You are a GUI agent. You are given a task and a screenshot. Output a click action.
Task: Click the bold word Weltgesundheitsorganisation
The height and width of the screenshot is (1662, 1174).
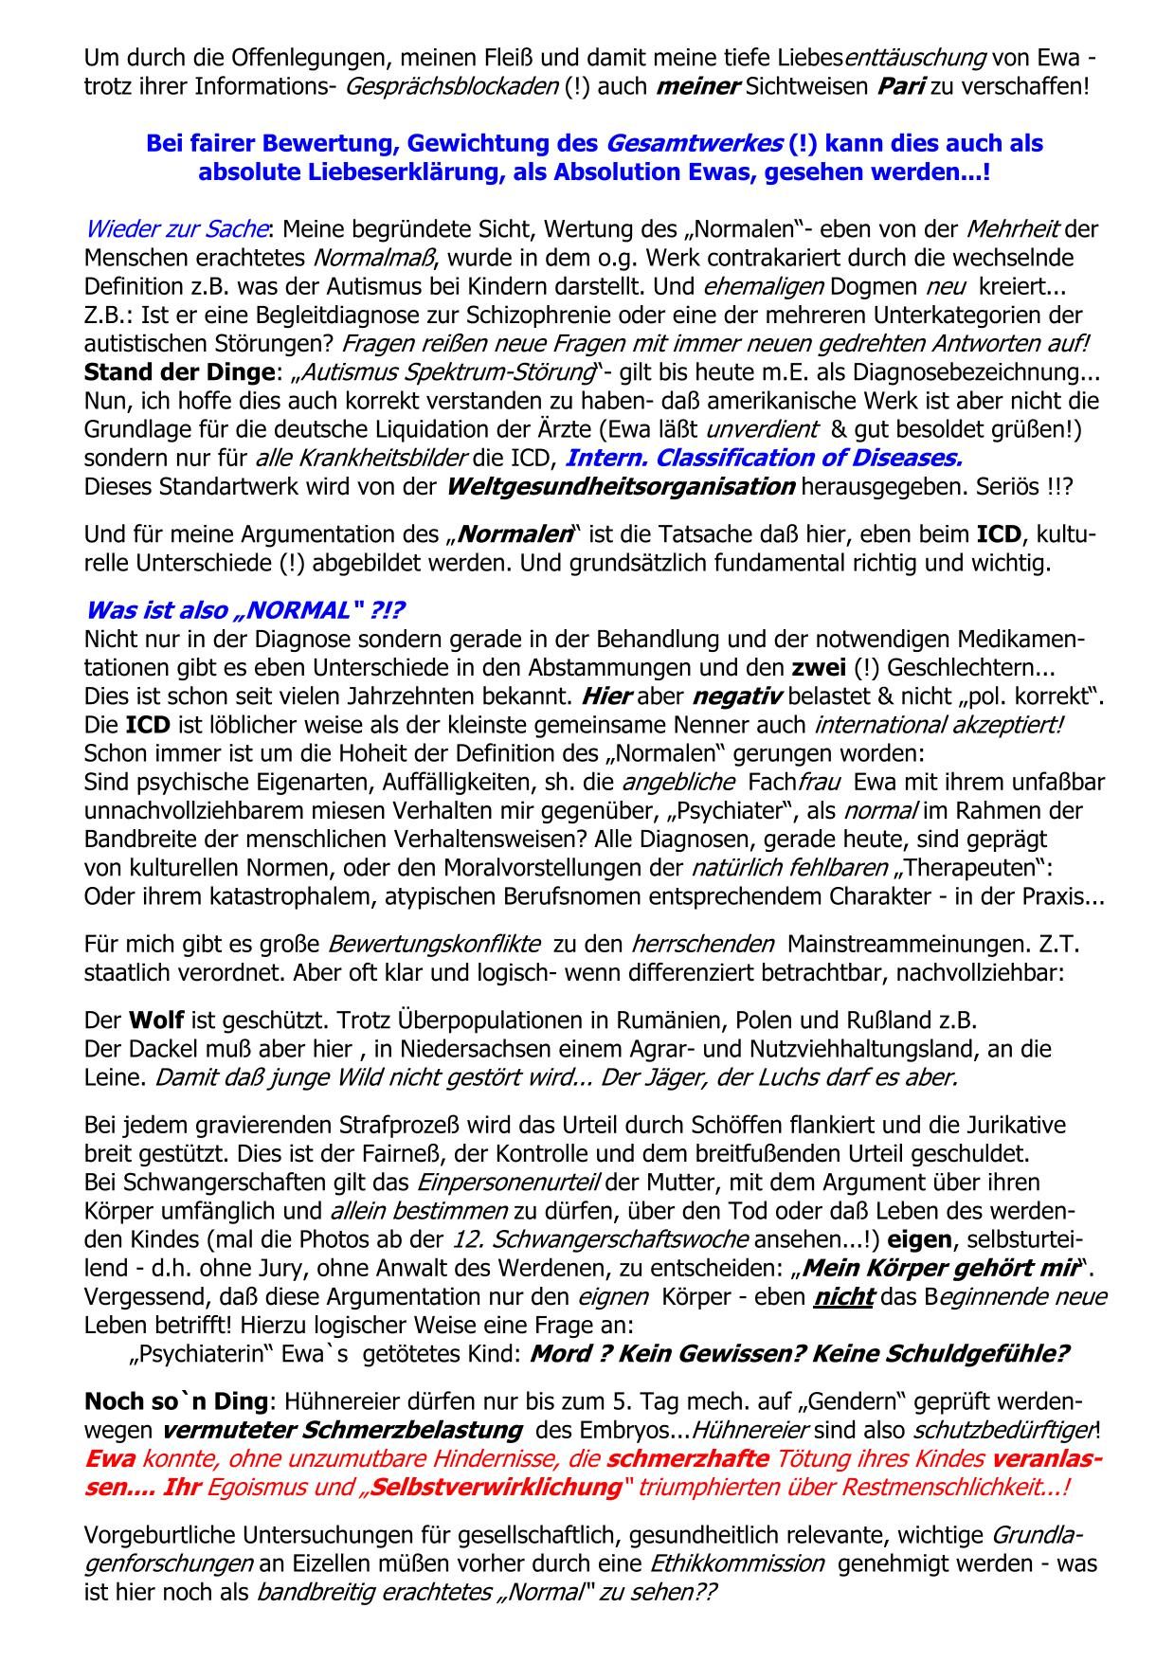pyautogui.click(x=620, y=487)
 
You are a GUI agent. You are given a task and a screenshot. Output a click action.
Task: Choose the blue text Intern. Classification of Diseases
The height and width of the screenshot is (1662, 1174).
pyautogui.click(x=763, y=459)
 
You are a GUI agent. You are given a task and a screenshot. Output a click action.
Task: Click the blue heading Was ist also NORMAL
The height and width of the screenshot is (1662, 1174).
pyautogui.click(x=251, y=610)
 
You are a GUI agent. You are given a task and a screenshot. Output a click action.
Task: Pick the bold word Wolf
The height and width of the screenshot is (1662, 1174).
pyautogui.click(x=156, y=1021)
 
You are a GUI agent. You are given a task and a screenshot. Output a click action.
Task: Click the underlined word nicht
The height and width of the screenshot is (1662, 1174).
pyautogui.click(x=842, y=1296)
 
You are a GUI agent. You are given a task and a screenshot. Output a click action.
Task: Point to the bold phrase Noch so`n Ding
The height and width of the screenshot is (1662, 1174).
pyautogui.click(x=177, y=1400)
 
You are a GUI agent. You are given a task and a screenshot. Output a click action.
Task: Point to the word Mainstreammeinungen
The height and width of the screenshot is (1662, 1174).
pyautogui.click(x=912, y=945)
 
